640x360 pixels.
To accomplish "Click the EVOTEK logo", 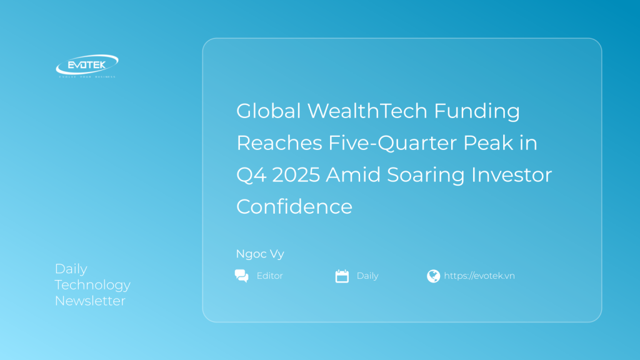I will tap(86, 65).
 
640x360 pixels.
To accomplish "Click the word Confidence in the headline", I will tap(294, 207).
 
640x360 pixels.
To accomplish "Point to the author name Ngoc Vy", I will tap(260, 254).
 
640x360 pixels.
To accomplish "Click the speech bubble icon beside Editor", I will tap(241, 276).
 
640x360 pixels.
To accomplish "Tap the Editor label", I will tap(269, 276).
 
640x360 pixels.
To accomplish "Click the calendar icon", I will tap(342, 276).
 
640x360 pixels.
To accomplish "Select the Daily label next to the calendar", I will tap(367, 276).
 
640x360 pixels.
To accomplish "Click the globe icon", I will tap(433, 276).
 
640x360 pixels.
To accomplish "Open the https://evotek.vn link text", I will tap(479, 276).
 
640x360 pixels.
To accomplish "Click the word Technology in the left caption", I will tap(92, 285).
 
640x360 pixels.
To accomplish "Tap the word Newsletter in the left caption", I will tap(90, 301).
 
